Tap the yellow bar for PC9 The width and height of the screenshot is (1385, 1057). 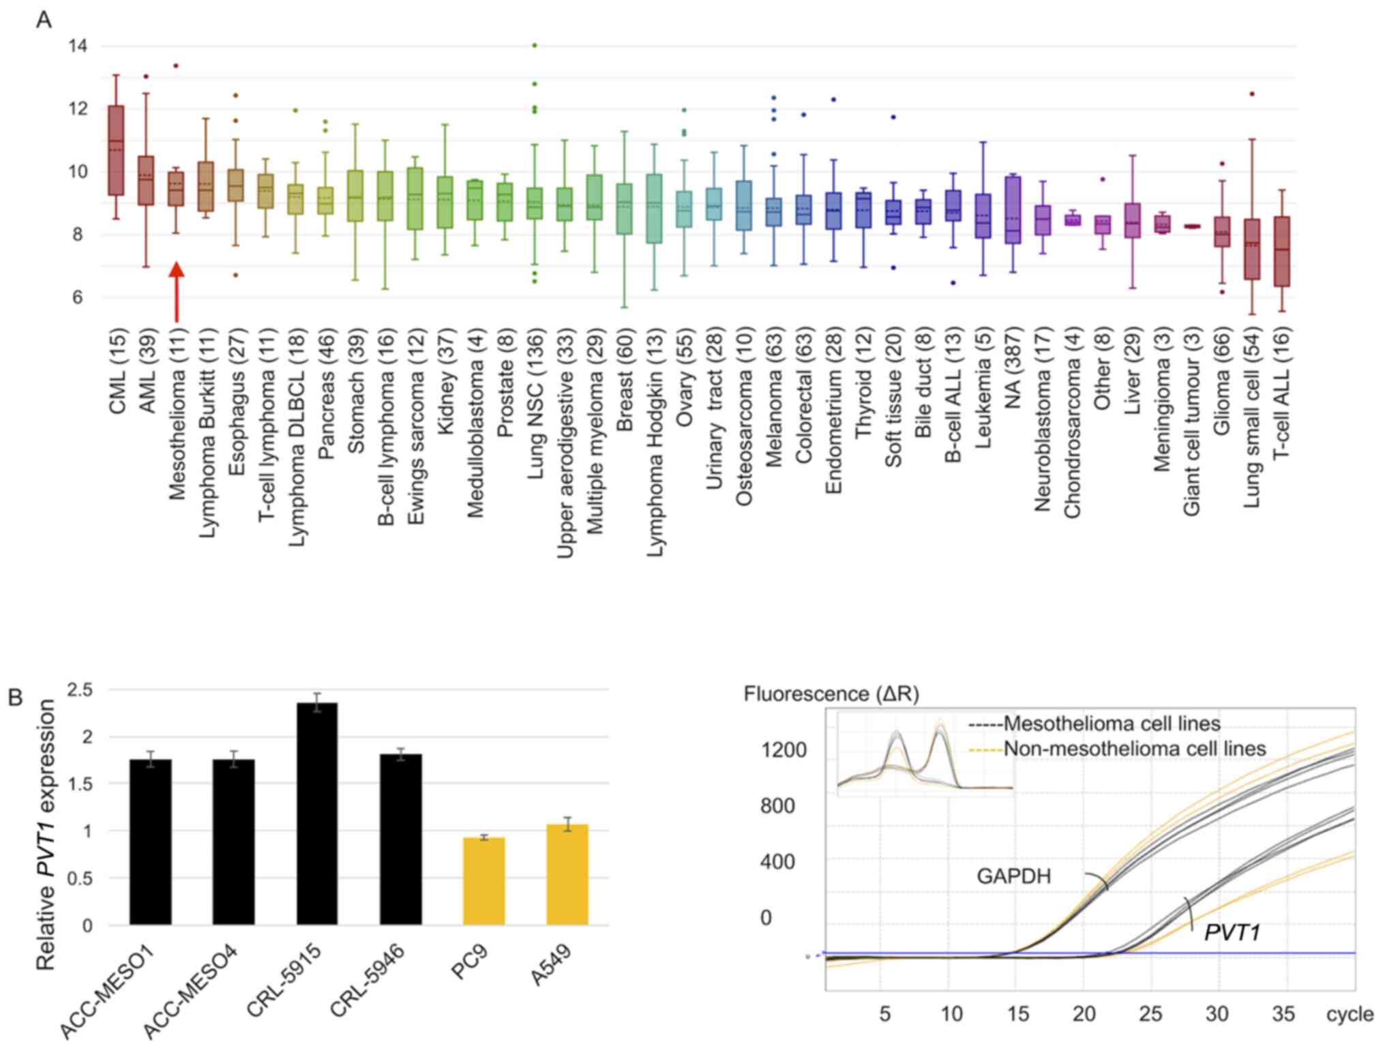click(483, 881)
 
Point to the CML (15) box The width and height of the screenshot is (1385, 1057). click(116, 150)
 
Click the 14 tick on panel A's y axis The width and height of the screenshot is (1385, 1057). click(78, 46)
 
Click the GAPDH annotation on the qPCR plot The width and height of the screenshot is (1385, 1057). click(1013, 876)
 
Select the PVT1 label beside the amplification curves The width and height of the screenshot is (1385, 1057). click(1232, 932)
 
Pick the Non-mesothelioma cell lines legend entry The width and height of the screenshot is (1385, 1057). click(1134, 749)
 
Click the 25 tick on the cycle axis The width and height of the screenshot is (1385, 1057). click(1150, 1015)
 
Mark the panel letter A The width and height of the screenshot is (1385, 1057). click(44, 20)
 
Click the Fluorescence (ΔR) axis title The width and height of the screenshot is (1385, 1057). click(831, 694)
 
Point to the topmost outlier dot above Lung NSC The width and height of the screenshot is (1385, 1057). click(535, 46)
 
